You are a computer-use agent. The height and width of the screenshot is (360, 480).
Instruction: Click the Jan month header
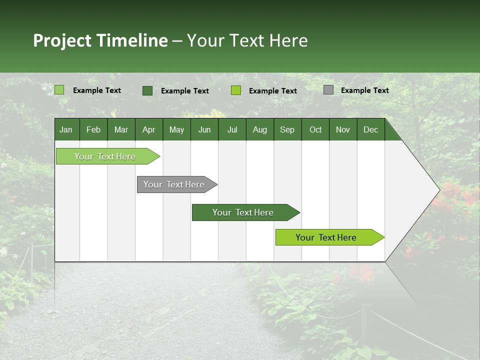(x=66, y=129)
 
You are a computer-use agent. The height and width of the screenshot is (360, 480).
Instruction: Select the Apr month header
(x=149, y=129)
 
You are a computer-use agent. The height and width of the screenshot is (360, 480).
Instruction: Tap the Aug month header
(x=260, y=129)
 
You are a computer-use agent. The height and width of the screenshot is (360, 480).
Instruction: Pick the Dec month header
(x=370, y=129)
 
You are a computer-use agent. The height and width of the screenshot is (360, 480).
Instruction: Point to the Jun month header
(x=204, y=129)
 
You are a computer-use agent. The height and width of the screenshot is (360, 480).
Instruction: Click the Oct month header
(x=315, y=129)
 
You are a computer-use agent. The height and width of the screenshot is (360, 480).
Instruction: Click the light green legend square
(x=59, y=90)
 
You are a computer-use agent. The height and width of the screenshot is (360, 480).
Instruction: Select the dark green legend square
(x=147, y=90)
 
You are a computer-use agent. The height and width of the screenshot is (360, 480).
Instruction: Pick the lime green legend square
(x=236, y=90)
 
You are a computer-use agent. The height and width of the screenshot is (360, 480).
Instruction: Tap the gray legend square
(x=328, y=90)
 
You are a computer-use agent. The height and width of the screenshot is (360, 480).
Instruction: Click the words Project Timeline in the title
(x=100, y=40)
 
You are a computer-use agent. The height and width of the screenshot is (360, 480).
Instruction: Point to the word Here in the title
(x=288, y=40)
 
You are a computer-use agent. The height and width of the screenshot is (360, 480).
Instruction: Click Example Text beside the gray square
(x=364, y=90)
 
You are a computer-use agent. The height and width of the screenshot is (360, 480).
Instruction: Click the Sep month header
(x=287, y=129)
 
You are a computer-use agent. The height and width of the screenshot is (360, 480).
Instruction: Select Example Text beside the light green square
(x=96, y=90)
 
